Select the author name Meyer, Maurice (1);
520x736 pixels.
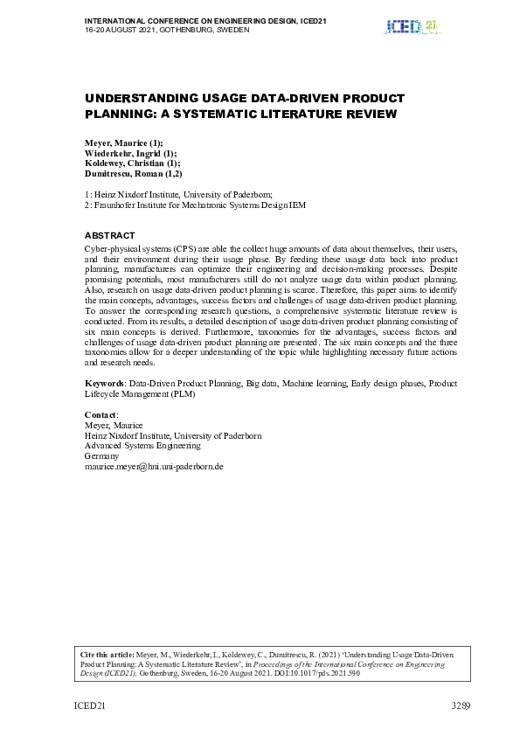tap(123, 142)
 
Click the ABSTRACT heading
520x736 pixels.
tap(109, 235)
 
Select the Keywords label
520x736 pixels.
tap(104, 383)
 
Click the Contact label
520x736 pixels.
tap(101, 414)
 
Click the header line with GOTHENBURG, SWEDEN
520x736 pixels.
tap(167, 29)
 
